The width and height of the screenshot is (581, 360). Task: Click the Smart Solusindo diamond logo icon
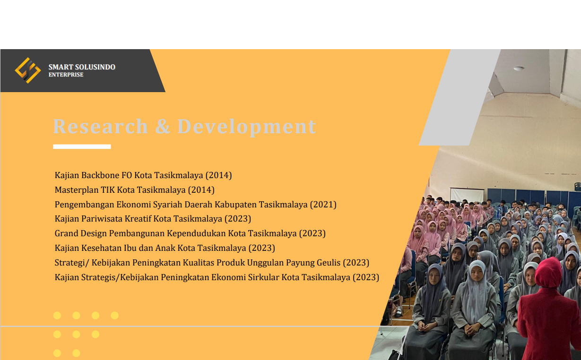coord(28,70)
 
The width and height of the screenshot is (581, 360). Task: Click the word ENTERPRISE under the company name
coord(66,75)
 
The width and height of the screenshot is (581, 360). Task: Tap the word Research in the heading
coord(100,127)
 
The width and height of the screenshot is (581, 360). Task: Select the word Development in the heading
coord(247,127)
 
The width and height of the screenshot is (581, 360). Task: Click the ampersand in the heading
coord(163,127)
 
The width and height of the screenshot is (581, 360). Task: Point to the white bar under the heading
coord(82,147)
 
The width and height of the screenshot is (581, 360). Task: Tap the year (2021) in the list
coord(323,205)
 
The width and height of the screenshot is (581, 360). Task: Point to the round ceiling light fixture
coord(519,69)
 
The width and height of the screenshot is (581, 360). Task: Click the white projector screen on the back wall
coord(467,195)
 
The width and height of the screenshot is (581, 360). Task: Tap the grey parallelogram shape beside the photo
coord(460,97)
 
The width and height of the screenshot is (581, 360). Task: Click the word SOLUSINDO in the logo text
coord(95,67)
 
